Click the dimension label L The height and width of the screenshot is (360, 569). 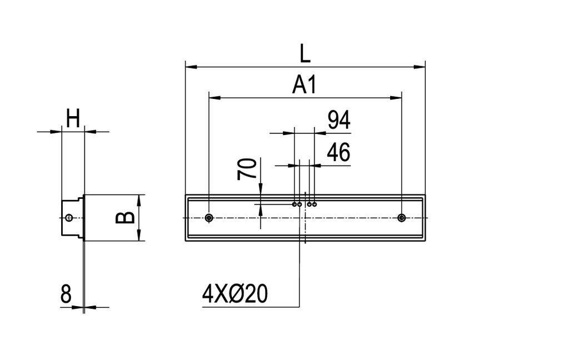click(305, 54)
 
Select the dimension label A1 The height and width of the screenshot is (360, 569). click(304, 85)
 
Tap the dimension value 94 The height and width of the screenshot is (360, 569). click(338, 121)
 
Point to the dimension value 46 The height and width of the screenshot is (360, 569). click(338, 153)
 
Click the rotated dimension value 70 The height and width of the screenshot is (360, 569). click(248, 168)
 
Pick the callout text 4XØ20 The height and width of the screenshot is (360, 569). click(234, 294)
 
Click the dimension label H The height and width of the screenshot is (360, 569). click(73, 118)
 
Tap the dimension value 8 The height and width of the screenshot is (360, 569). click(66, 294)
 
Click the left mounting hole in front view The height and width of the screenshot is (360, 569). click(208, 218)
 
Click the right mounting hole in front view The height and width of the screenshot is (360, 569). click(402, 218)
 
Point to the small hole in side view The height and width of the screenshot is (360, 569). click(68, 218)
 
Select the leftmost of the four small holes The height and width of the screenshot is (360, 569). click(295, 204)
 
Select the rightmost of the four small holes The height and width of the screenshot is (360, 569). click(315, 204)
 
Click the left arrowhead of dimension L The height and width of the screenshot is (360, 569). click(190, 67)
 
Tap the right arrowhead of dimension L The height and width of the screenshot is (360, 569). click(420, 67)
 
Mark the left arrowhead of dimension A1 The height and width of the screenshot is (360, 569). click(213, 98)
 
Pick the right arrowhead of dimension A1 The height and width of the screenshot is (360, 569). click(397, 98)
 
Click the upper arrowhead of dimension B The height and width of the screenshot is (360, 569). click(139, 199)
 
